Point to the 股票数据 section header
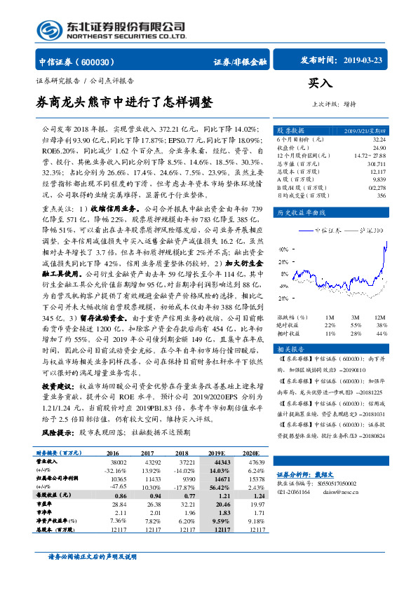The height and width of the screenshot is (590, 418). [x=290, y=130]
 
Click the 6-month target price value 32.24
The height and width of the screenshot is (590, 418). [x=379, y=139]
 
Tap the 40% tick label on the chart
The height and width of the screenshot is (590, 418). [x=283, y=249]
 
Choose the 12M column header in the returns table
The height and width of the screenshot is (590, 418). [x=380, y=317]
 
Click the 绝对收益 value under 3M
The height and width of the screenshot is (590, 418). [x=355, y=325]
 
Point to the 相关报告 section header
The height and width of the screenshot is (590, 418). [x=290, y=348]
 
